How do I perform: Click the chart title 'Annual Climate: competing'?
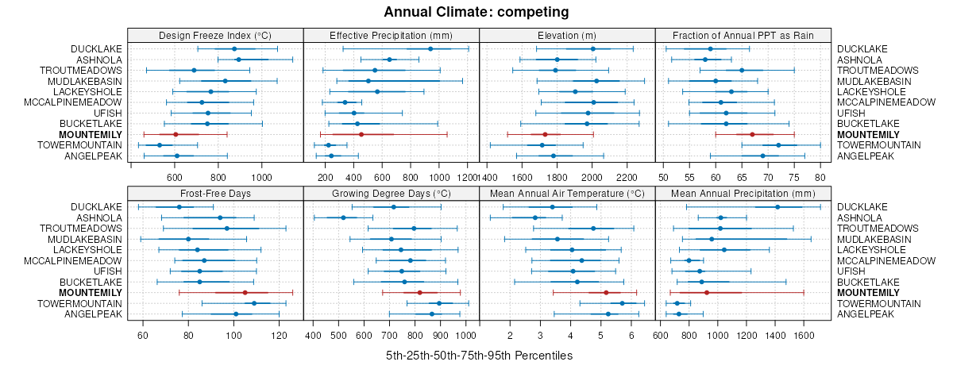coord(476,12)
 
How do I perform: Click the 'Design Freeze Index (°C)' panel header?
coord(215,35)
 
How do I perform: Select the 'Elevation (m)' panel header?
coord(567,35)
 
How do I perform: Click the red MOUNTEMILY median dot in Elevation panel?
coord(545,135)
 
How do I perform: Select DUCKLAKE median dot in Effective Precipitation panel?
coord(430,49)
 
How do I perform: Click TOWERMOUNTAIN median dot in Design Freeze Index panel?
coord(160,145)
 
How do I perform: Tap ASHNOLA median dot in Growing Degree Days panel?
coord(343,217)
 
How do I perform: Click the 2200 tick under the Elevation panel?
coord(627,177)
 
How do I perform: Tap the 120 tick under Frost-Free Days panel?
coord(280,335)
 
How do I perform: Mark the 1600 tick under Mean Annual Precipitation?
coord(804,335)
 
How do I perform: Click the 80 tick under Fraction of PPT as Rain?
coord(820,177)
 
